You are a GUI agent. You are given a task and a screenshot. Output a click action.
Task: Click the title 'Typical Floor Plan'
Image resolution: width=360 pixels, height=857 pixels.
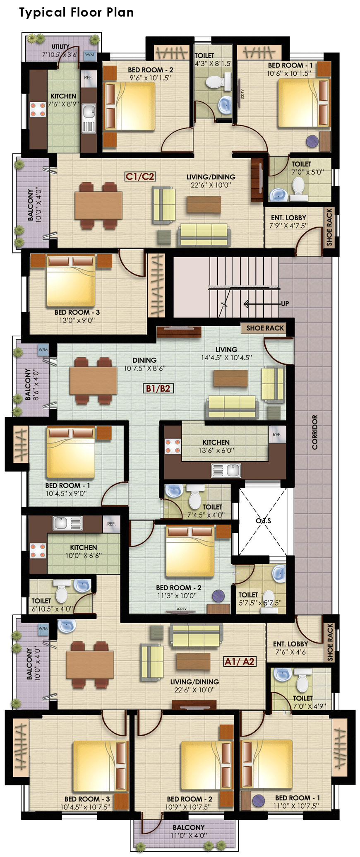77,12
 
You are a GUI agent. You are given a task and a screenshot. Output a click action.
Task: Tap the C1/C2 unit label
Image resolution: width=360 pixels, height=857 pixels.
140,177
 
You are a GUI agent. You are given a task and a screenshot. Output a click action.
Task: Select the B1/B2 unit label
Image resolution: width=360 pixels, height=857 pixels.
158,388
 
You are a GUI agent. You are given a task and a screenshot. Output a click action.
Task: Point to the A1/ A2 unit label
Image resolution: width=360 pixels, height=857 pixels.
240,662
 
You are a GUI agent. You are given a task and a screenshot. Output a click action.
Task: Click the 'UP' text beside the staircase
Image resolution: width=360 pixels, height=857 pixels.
285,303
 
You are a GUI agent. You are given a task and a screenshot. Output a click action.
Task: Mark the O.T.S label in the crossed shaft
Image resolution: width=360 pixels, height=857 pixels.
263,520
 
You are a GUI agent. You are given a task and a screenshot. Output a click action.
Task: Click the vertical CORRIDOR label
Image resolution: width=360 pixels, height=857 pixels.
315,432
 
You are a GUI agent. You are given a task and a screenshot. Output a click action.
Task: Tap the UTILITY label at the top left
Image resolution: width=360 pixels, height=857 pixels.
60,47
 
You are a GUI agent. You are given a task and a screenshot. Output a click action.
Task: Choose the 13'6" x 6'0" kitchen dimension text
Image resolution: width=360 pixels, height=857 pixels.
216,450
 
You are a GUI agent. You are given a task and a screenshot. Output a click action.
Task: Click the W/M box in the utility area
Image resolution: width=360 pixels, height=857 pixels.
90,55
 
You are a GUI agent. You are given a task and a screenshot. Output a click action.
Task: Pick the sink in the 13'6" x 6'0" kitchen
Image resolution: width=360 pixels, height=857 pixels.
226,471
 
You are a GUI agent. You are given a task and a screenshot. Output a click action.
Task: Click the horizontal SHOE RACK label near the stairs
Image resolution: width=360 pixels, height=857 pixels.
265,328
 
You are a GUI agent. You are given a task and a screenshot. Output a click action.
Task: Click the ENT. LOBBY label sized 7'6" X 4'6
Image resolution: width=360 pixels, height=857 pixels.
290,648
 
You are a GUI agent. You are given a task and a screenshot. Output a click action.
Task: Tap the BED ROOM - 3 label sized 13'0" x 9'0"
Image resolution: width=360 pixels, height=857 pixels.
77,316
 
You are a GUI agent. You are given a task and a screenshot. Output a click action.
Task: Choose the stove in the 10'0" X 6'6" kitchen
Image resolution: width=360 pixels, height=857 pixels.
38,551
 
